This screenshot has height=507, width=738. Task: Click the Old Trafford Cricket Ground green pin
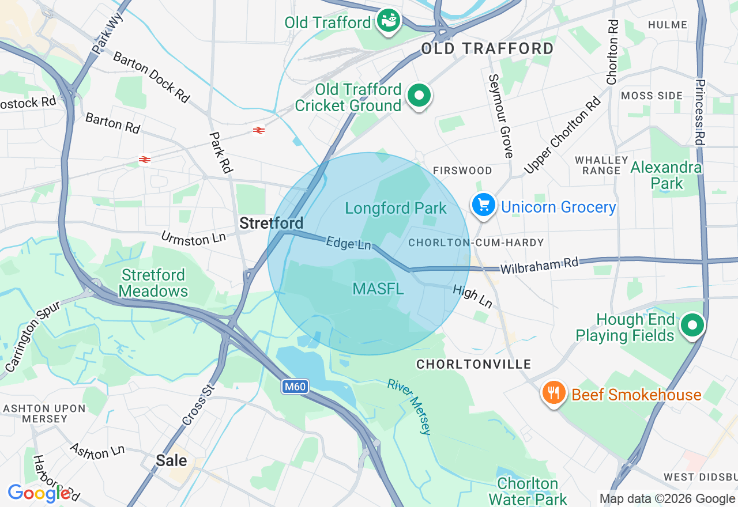click(419, 96)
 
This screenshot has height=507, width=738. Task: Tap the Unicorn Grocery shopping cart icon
click(484, 205)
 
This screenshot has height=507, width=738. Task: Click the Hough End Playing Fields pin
click(692, 326)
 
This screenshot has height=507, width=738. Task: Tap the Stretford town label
click(271, 223)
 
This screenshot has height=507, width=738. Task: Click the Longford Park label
click(396, 208)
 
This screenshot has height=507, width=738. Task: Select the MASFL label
click(378, 289)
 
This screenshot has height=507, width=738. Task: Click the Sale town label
click(171, 460)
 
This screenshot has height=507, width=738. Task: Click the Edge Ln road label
click(348, 243)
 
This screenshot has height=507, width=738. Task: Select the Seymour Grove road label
click(500, 116)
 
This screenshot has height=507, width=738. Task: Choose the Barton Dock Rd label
click(151, 77)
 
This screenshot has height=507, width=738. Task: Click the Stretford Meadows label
click(154, 283)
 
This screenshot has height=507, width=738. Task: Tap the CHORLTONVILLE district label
click(473, 364)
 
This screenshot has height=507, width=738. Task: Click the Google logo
click(39, 493)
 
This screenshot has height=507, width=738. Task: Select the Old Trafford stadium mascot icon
click(389, 21)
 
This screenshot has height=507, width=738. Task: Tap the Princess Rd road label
click(699, 112)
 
